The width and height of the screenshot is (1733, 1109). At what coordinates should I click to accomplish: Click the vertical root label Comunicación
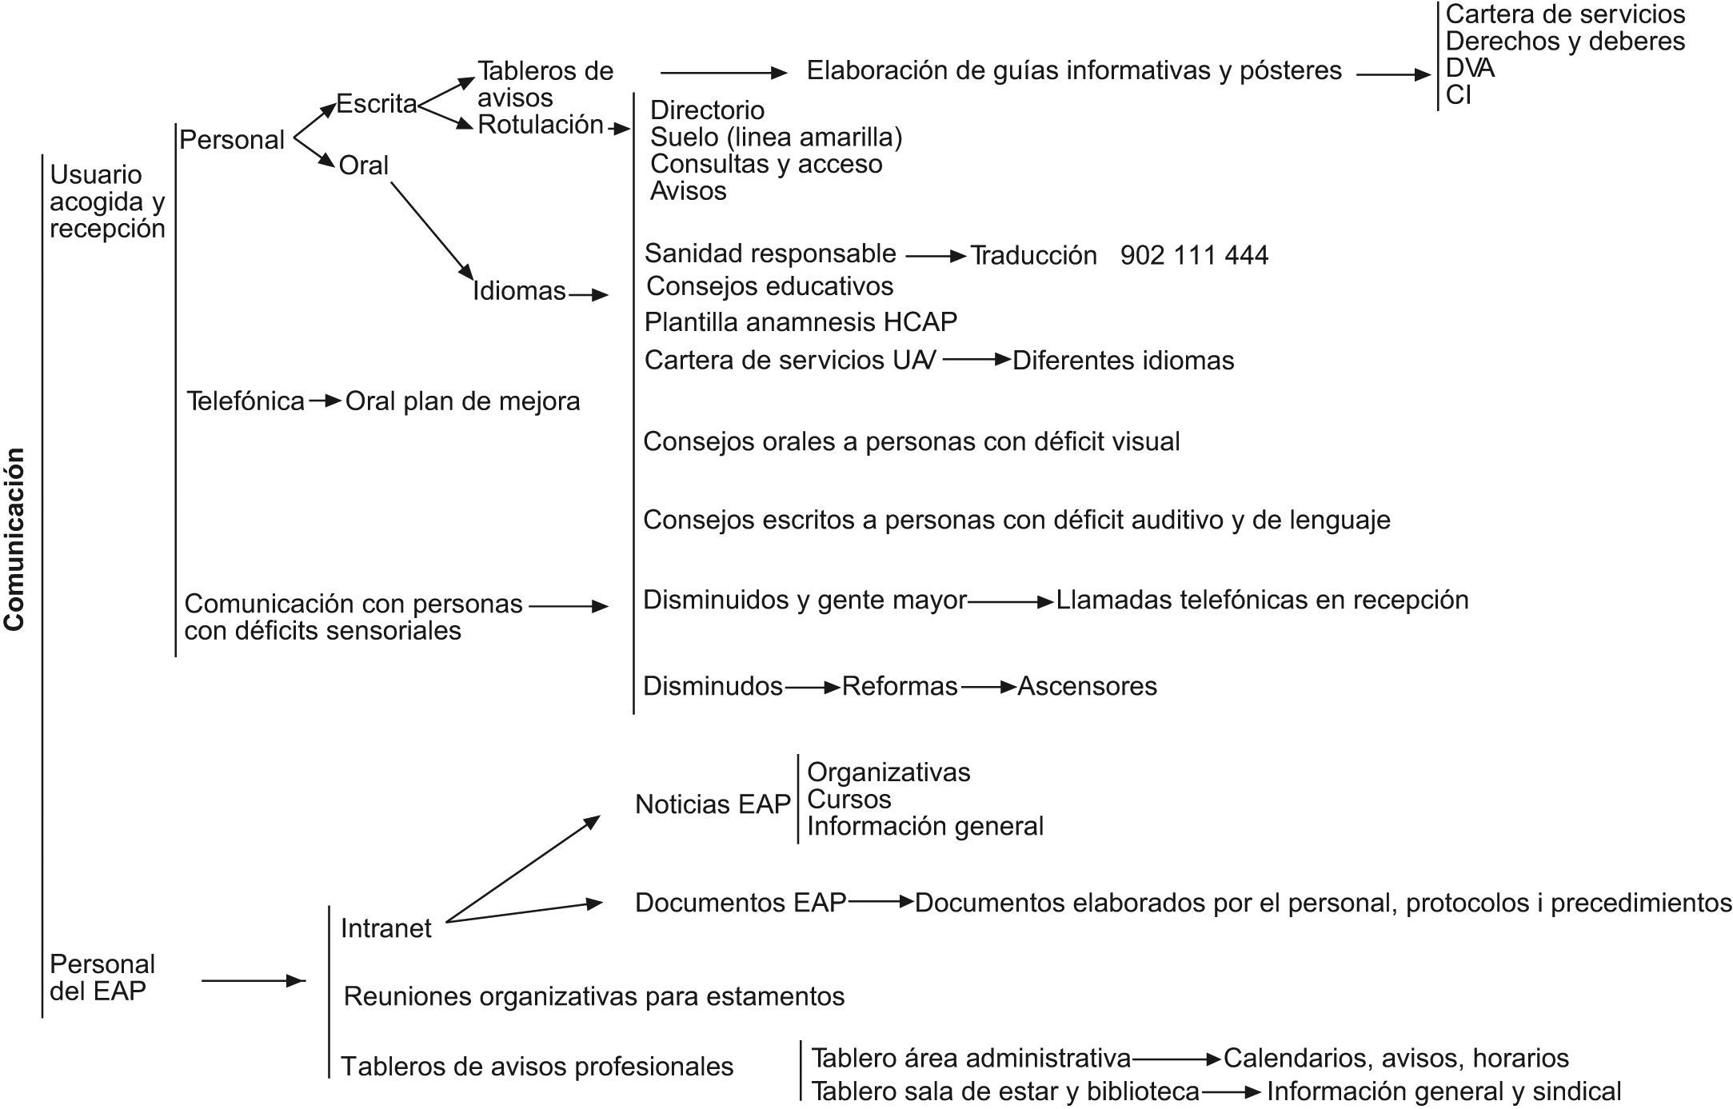tap(14, 539)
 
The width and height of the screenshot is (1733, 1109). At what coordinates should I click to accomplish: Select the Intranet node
tap(385, 928)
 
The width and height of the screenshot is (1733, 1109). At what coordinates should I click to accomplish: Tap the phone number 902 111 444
tap(1194, 255)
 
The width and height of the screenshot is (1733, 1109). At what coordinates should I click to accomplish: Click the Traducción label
tap(1033, 255)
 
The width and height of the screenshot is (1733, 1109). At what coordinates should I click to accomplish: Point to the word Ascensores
tap(1087, 686)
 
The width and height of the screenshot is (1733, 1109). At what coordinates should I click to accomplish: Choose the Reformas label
tap(900, 686)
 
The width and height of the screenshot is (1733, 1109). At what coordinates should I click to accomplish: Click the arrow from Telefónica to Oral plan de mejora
tap(325, 401)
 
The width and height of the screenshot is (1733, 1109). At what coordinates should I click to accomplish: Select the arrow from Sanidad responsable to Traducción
tap(935, 256)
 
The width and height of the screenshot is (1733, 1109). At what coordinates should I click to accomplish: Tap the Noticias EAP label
tap(713, 804)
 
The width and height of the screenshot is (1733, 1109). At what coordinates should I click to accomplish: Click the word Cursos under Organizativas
tap(849, 799)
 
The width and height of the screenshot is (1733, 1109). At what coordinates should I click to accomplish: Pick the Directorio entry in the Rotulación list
tap(707, 110)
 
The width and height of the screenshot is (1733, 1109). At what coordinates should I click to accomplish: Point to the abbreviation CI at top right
tap(1458, 95)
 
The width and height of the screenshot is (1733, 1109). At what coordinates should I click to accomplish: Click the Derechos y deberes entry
tap(1565, 41)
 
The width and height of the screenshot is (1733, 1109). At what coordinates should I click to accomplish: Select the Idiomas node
tap(519, 290)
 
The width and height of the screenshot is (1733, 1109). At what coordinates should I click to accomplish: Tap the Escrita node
tap(377, 104)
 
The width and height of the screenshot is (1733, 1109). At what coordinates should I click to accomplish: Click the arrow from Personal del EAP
tap(253, 980)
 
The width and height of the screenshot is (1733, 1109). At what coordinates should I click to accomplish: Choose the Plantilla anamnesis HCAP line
tap(801, 321)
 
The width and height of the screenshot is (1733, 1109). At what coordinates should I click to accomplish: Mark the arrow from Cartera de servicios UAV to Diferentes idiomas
tap(976, 360)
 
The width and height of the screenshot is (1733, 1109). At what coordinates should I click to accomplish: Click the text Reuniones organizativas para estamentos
tap(594, 996)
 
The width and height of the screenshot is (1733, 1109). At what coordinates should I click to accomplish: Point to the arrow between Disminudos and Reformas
tap(812, 687)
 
